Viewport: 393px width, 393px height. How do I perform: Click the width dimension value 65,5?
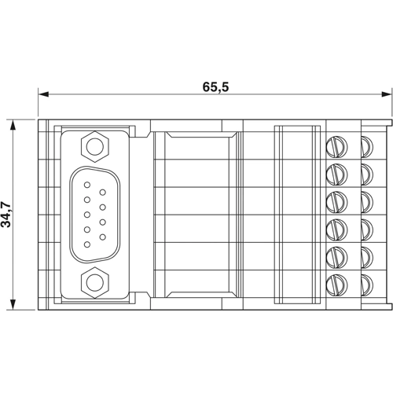(214, 87)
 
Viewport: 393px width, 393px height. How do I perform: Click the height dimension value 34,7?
(7, 214)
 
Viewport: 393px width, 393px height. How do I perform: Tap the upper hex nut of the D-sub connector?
(95, 145)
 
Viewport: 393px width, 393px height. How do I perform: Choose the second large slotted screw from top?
(336, 171)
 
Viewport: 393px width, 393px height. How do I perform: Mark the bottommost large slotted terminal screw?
(336, 281)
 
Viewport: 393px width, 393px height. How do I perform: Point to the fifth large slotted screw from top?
(336, 254)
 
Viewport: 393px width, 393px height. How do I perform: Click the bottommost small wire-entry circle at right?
(366, 281)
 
